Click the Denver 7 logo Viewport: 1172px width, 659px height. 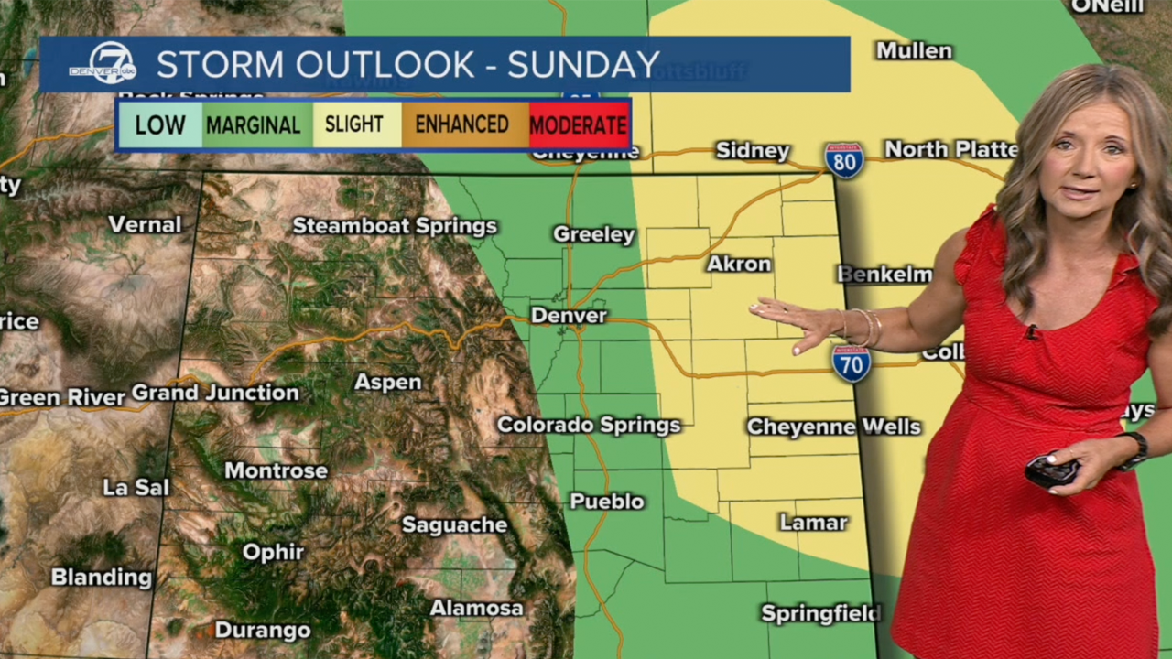[x=102, y=63]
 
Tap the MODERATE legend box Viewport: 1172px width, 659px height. [x=579, y=124]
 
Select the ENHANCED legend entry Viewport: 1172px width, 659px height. [x=462, y=124]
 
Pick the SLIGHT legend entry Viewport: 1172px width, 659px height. [x=354, y=124]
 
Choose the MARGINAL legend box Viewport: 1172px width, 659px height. [x=253, y=124]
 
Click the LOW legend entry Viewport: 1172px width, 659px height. [x=160, y=124]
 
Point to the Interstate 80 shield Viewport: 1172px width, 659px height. [x=843, y=160]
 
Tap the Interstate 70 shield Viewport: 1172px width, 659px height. [x=852, y=363]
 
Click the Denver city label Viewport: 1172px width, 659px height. [x=569, y=316]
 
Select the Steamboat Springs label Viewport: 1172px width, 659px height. [x=395, y=226]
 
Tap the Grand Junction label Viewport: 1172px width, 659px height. [x=215, y=394]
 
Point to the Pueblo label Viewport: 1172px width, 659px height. [x=607, y=502]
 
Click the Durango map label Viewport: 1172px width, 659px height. [x=262, y=631]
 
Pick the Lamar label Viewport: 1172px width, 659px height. [x=813, y=523]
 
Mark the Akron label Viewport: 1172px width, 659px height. [x=739, y=265]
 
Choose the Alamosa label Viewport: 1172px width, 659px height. [x=476, y=608]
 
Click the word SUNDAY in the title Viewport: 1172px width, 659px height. [x=583, y=65]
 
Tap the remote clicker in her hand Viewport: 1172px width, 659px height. [x=1050, y=471]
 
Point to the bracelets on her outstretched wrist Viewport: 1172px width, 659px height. [x=866, y=328]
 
